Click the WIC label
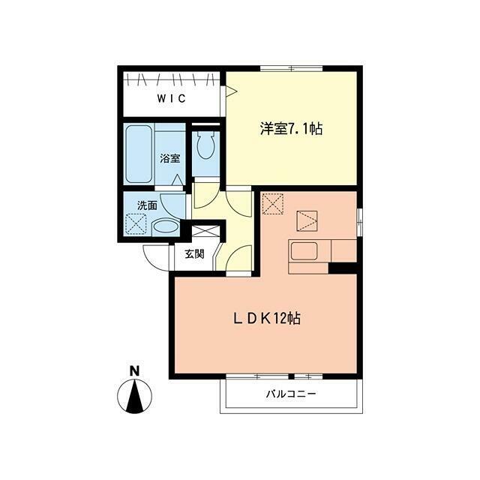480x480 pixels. [172, 98]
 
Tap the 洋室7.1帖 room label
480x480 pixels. [292, 128]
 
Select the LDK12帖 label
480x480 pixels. [267, 319]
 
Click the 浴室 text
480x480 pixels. [170, 158]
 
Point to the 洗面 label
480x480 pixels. [147, 205]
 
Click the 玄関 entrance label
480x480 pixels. [194, 253]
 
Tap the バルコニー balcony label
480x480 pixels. [290, 393]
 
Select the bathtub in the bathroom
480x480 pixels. [139, 154]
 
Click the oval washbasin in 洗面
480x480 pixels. [165, 227]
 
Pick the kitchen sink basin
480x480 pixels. [304, 251]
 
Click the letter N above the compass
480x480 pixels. [134, 371]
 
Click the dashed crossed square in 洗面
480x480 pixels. [136, 224]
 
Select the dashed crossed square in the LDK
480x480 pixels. [273, 204]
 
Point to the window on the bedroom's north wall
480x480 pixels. [291, 68]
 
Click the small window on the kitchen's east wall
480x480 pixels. [360, 222]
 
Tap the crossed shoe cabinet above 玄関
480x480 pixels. [205, 231]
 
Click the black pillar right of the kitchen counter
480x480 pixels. [343, 268]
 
